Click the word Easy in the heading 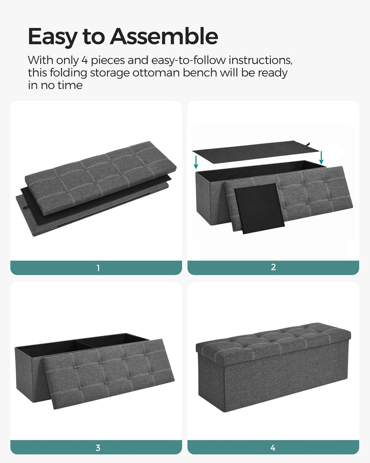point(53,37)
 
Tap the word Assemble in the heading point(164,36)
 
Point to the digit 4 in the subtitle point(84,61)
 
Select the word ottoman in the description point(156,73)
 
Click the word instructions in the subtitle point(261,60)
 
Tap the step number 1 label point(98,268)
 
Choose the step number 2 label point(273,267)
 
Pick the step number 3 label point(98,448)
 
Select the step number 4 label point(273,448)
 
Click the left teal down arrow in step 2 point(196,162)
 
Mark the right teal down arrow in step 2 point(321,157)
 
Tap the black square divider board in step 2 point(259,208)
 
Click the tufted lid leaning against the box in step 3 point(108,373)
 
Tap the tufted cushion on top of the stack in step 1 point(101,178)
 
